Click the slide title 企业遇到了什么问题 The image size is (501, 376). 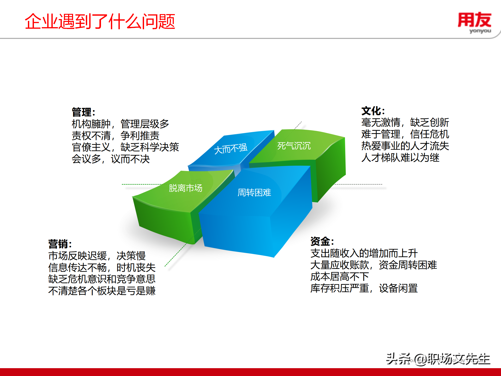(100, 21)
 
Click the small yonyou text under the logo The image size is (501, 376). (480, 31)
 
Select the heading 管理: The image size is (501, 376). (83, 112)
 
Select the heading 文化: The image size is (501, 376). (373, 111)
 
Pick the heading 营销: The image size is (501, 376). (60, 244)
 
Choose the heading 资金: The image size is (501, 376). (322, 241)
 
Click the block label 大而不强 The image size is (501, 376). (231, 149)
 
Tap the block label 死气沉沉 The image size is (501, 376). (294, 146)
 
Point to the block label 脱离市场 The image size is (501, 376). (186, 188)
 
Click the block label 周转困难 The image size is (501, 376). (254, 193)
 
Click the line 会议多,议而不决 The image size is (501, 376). (111, 159)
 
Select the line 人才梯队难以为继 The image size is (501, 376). (400, 158)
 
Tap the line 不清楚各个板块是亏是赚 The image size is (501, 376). (102, 291)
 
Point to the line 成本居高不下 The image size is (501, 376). (339, 277)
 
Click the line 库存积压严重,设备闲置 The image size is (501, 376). (364, 288)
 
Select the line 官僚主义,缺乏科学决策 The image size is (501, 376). (125, 147)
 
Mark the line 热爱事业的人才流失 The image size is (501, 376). (405, 146)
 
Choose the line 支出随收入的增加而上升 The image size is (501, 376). (364, 253)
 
